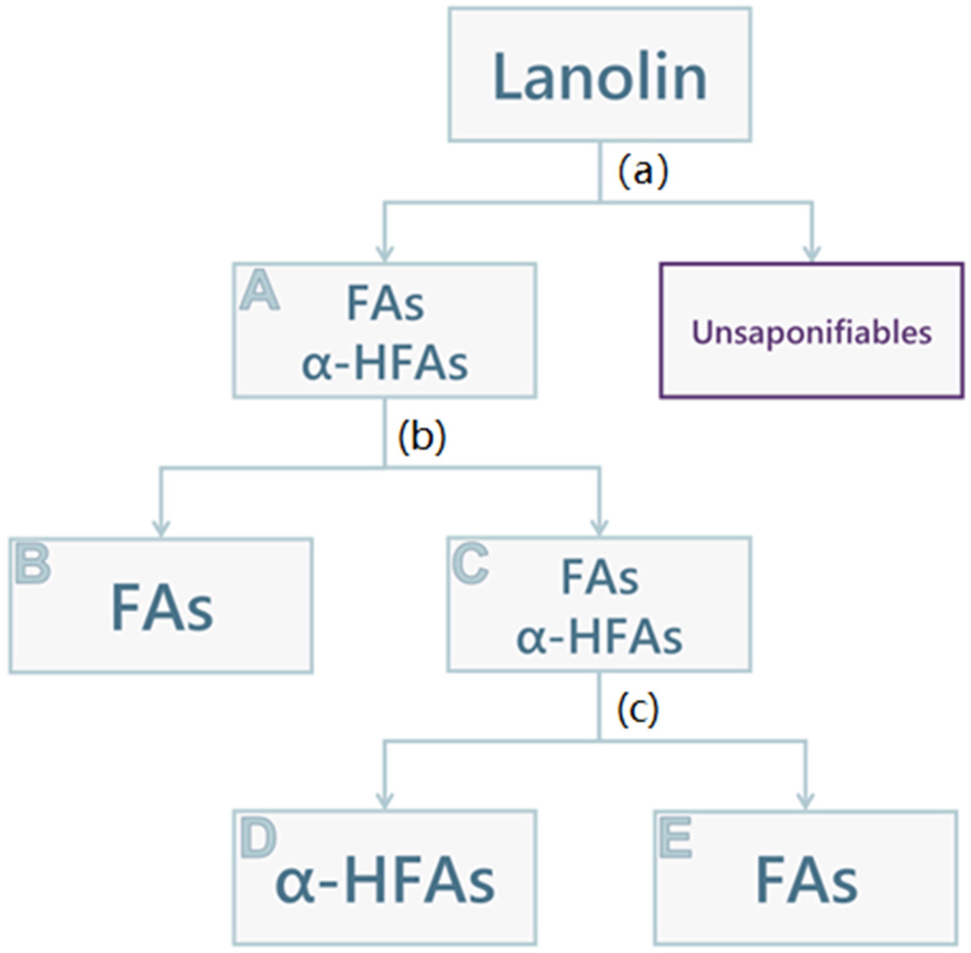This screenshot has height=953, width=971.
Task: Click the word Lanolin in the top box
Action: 600,77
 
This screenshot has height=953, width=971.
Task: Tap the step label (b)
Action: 421,437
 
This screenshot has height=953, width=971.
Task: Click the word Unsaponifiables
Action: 811,332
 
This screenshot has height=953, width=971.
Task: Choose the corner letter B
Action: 33,564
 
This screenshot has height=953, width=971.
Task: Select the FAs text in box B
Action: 161,608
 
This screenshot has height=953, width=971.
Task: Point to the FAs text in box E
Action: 806,880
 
